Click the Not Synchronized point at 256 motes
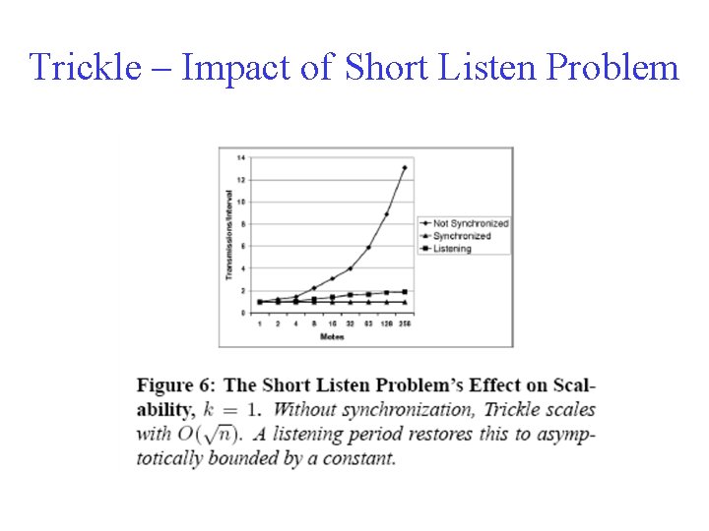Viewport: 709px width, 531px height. [x=404, y=168]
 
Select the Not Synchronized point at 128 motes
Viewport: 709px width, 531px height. [x=386, y=214]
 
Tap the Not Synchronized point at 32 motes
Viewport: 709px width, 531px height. [x=350, y=267]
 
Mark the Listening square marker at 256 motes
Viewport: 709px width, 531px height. [x=404, y=292]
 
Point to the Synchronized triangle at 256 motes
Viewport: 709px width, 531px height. [x=404, y=302]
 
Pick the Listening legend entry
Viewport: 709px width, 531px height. [x=451, y=248]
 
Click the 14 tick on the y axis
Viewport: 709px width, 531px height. [x=240, y=157]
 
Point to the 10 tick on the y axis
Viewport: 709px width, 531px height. [x=240, y=202]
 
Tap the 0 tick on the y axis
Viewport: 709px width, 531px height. [x=241, y=313]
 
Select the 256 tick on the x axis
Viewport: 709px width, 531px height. [x=404, y=323]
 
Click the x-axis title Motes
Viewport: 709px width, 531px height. [x=332, y=336]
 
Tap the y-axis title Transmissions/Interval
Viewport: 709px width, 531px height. [x=229, y=234]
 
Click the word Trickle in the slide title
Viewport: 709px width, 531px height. [x=81, y=68]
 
